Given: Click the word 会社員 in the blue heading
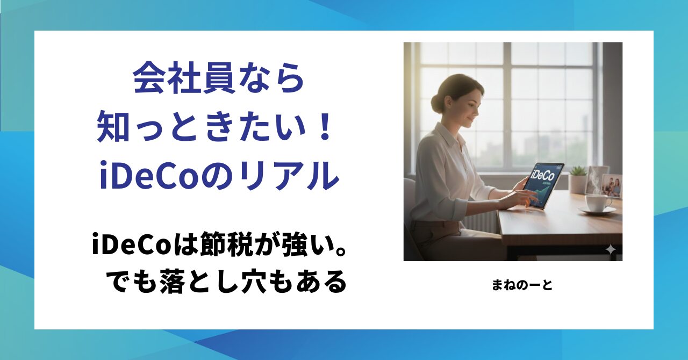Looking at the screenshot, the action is click(184, 79).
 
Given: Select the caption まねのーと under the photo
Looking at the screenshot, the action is click(522, 285).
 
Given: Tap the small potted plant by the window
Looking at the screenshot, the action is click(577, 179).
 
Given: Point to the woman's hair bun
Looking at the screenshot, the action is click(437, 102).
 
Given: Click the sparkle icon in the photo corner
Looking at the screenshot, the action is click(610, 250).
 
